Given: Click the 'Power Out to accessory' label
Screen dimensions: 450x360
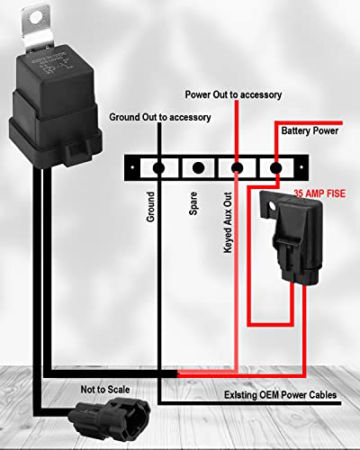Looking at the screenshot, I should point(233,94).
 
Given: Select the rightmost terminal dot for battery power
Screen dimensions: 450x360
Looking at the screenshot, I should point(276,167).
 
